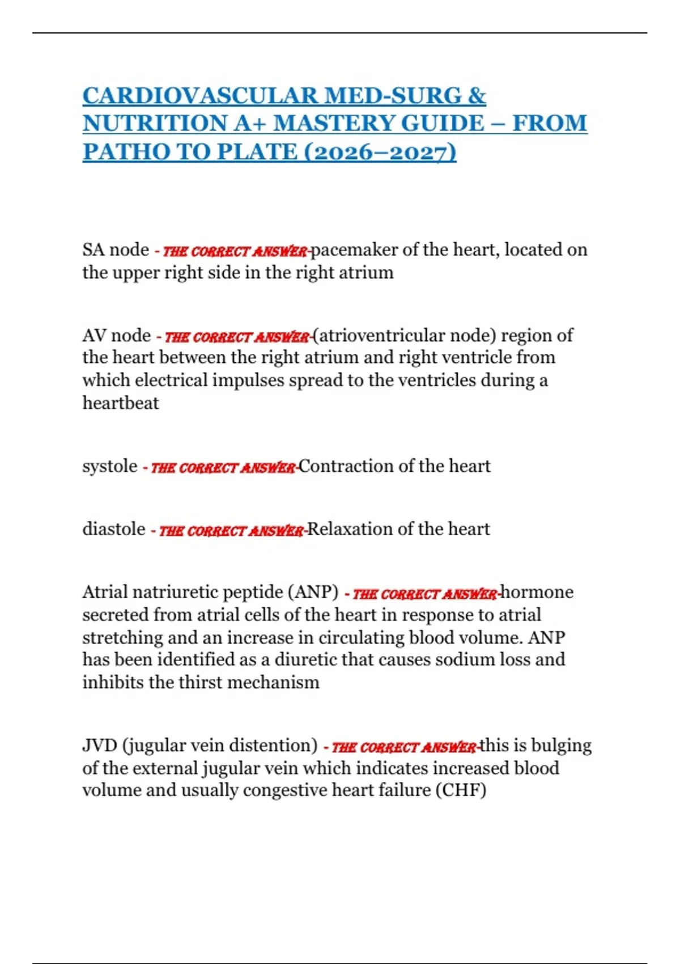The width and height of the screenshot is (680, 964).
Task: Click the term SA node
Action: [x=116, y=250]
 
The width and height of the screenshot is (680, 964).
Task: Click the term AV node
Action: [x=116, y=335]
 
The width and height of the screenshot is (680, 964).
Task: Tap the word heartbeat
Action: [x=121, y=403]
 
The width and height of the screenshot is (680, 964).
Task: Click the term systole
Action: [x=109, y=466]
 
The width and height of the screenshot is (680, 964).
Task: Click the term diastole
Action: [x=114, y=529]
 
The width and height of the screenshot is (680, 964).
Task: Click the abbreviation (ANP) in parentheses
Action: [x=313, y=592]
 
